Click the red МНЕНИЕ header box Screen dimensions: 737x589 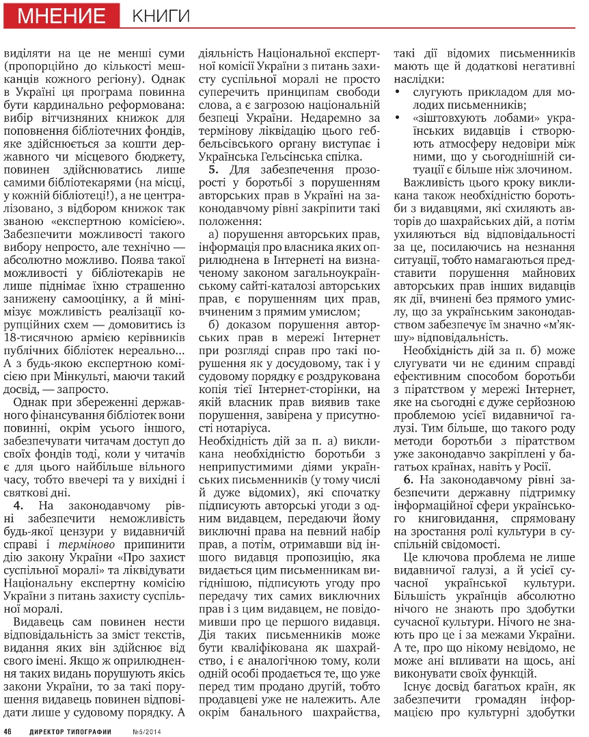pos(61,14)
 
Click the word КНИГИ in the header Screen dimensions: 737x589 pos(161,15)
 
